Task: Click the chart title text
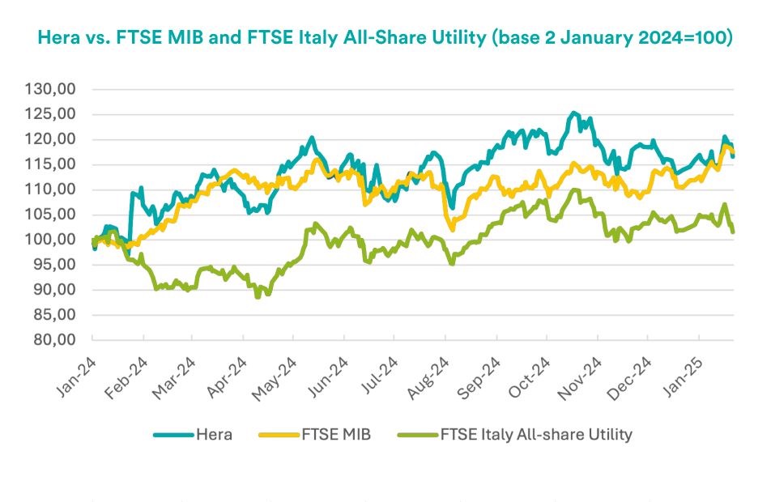pos(385,39)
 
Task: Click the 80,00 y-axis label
pos(62,340)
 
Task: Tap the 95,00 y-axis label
pos(62,265)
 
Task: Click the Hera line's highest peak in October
pos(573,113)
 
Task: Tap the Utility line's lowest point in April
pos(258,297)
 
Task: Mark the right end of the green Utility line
pos(732,232)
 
